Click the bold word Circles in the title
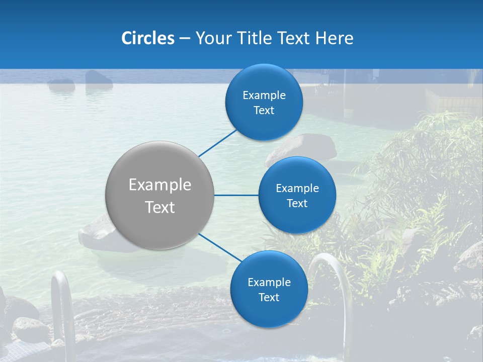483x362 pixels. (148, 38)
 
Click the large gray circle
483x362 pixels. (159, 195)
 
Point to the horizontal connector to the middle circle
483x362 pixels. (236, 195)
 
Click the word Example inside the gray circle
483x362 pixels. (160, 185)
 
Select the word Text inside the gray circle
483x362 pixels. (160, 207)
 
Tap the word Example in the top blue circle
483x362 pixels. (264, 95)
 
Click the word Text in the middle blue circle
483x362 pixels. (297, 203)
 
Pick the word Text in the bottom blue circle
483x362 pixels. (269, 297)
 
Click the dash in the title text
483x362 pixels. (185, 38)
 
